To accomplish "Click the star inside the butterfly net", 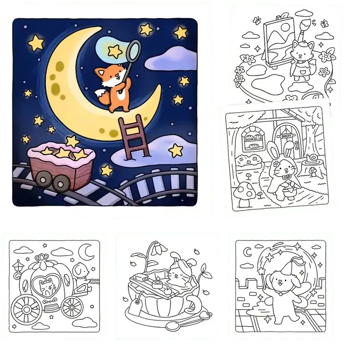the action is pyautogui.click(x=115, y=50).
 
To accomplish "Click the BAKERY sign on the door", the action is pyautogui.click(x=286, y=136).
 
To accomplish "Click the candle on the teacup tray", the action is pyautogui.click(x=158, y=283).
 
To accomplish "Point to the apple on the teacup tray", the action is pyautogui.click(x=166, y=291).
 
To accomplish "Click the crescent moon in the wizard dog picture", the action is pyautogui.click(x=248, y=252).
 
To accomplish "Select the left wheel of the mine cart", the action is pyautogui.click(x=43, y=180).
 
